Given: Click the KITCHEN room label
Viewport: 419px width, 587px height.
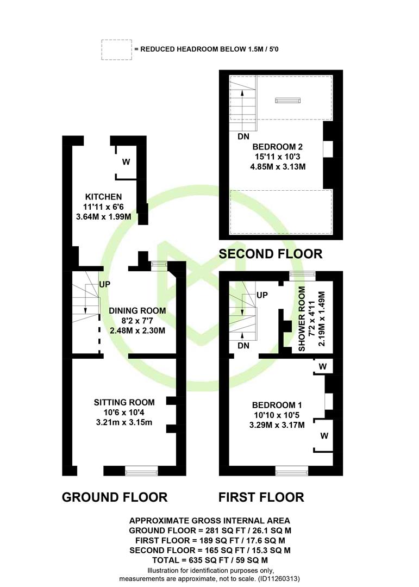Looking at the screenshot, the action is (x=103, y=197).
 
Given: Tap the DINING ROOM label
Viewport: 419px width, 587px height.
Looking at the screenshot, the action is (x=137, y=311).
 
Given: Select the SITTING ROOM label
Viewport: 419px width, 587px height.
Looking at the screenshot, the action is (x=124, y=402).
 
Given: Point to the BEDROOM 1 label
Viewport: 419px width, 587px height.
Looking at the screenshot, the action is (x=277, y=405).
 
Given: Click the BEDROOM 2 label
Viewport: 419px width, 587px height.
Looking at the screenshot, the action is (x=278, y=147).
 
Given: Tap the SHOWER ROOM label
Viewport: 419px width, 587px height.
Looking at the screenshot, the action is (x=302, y=319).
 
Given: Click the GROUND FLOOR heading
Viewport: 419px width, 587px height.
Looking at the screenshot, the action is (x=115, y=497).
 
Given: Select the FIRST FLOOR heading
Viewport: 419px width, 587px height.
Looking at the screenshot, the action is (x=261, y=497).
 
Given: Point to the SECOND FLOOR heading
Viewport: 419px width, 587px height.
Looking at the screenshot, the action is (x=271, y=254).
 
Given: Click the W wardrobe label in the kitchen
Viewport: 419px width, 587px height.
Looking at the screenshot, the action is (x=126, y=162).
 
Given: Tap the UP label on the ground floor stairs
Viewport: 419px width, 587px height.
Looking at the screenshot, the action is (x=105, y=284).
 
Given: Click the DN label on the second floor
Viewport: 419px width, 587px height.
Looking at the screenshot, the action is (x=243, y=136).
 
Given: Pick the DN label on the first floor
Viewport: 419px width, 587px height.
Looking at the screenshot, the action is (x=243, y=346).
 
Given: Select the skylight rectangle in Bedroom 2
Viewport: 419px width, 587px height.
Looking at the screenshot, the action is (x=288, y=100).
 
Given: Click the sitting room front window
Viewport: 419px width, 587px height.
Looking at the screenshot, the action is (x=141, y=471).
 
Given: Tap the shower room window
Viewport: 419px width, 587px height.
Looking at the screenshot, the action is (x=302, y=276).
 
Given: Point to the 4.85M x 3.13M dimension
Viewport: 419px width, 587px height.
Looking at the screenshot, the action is (x=278, y=167).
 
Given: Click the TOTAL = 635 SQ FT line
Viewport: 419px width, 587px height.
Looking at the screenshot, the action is (x=210, y=560).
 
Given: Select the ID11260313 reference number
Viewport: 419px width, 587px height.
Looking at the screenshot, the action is (x=279, y=579).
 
